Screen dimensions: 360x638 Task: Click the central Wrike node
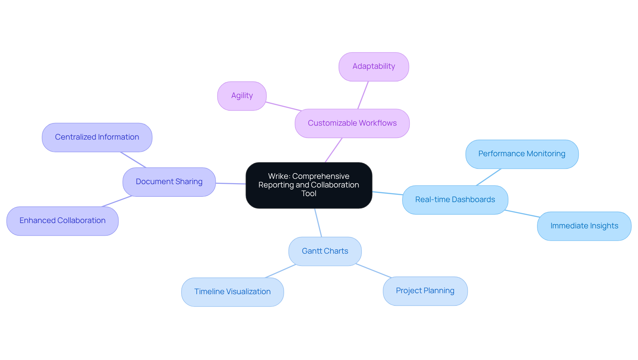[309, 185]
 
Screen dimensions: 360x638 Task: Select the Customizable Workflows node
[352, 123]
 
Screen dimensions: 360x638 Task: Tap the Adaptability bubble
[373, 66]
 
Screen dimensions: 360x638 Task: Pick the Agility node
[242, 96]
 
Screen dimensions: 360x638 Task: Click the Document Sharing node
[169, 182]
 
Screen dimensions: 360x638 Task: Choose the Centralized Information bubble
[97, 137]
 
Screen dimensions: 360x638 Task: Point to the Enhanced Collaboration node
[62, 221]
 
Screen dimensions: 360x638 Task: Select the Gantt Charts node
[325, 251]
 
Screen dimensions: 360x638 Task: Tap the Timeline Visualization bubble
[232, 292]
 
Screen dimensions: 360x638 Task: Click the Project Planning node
[425, 291]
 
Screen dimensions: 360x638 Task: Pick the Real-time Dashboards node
[455, 200]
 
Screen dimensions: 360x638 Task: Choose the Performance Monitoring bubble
[522, 154]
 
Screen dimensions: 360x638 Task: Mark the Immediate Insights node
[584, 226]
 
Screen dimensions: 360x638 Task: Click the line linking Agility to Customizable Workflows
[283, 106]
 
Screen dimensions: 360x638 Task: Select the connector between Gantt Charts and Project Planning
[373, 271]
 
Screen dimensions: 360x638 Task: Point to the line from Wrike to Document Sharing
[231, 183]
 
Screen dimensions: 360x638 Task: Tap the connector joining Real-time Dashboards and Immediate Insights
[522, 213]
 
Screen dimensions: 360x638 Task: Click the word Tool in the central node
[309, 194]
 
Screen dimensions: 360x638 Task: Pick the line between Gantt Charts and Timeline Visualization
[280, 271]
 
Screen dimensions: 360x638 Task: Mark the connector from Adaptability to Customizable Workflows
[363, 95]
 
